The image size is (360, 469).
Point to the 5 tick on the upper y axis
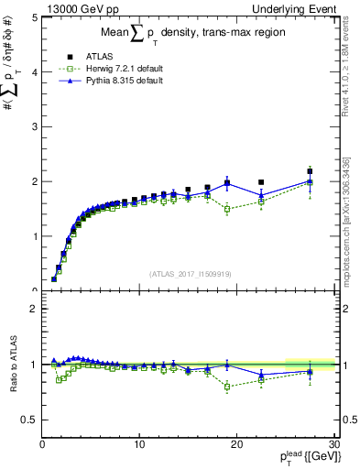point(34,17)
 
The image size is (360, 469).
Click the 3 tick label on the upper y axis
point(34,126)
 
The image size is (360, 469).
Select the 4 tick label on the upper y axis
point(34,71)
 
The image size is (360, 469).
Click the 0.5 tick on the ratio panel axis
point(29,420)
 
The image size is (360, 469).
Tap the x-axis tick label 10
point(139,444)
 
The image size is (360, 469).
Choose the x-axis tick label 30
point(334,444)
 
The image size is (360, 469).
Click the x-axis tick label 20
point(236,444)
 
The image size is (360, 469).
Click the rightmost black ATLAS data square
point(310,171)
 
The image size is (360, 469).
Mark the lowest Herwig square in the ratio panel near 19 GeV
point(227,387)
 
